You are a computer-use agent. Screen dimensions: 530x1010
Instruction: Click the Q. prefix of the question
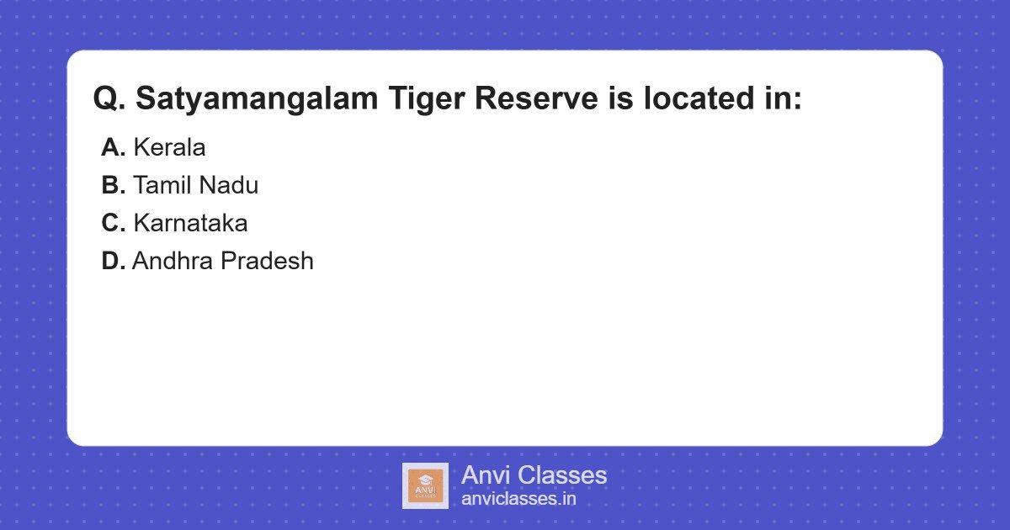(109, 99)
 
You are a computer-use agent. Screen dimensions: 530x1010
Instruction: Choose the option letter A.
(113, 147)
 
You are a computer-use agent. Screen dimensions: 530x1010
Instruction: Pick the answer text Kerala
(169, 147)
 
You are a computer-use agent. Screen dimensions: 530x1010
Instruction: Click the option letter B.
(113, 185)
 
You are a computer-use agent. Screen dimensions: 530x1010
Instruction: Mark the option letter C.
(113, 223)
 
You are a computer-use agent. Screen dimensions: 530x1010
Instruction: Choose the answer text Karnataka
(190, 223)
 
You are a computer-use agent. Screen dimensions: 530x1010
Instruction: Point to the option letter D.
(113, 261)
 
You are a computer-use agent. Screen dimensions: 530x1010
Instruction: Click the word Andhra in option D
(173, 261)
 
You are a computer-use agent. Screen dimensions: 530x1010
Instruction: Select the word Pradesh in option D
(267, 261)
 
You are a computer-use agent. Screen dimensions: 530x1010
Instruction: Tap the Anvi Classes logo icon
(425, 485)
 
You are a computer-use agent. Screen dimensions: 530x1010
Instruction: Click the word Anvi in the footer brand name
(485, 475)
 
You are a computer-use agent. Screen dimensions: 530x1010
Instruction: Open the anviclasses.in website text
(518, 499)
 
